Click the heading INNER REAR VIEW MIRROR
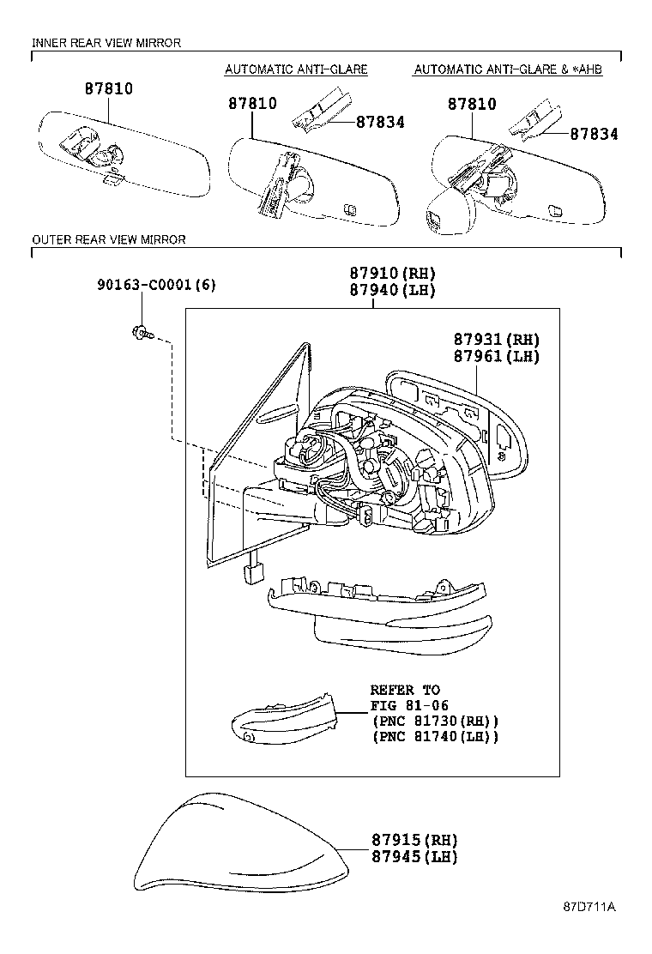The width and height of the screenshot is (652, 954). pyautogui.click(x=106, y=43)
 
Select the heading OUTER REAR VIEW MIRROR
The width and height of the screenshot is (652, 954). pyautogui.click(x=109, y=240)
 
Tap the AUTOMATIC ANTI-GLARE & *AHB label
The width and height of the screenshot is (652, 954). pyautogui.click(x=507, y=69)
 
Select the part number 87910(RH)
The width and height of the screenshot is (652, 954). pyautogui.click(x=392, y=274)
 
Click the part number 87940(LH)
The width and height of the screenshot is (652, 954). pyautogui.click(x=392, y=291)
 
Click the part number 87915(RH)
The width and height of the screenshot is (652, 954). pyautogui.click(x=414, y=840)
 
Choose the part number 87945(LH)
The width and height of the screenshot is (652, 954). pyautogui.click(x=414, y=857)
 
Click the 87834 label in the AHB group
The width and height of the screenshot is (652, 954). pyautogui.click(x=594, y=135)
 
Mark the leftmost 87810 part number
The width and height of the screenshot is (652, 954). pyautogui.click(x=108, y=88)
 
